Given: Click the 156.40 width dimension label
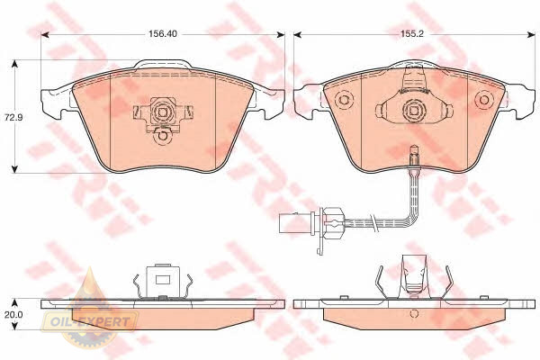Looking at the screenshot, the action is click(163, 34).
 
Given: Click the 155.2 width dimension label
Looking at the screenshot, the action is click(413, 34).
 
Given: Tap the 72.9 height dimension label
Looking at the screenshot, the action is click(13, 117).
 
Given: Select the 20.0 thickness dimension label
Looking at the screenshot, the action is click(13, 314).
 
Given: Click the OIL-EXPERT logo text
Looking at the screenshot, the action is click(90, 322).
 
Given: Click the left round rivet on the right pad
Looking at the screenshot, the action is click(344, 100).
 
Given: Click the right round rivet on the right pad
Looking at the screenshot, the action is click(484, 100).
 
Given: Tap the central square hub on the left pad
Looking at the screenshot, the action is click(163, 111).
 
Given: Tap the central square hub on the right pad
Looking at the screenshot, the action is click(413, 110).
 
